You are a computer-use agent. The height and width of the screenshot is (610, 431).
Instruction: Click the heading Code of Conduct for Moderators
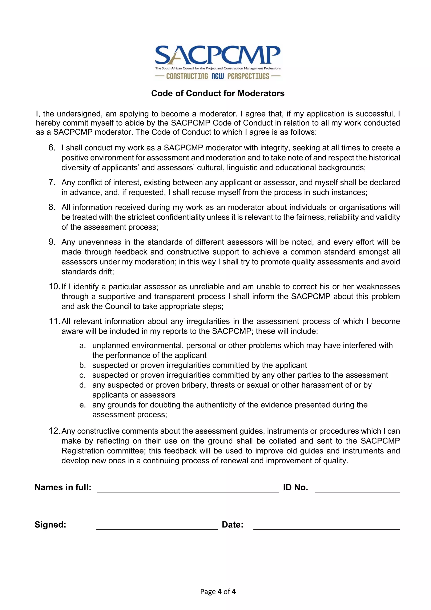218,93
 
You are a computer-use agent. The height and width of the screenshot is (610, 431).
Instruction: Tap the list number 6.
52,148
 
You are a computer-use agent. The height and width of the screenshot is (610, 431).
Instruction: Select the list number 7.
52,183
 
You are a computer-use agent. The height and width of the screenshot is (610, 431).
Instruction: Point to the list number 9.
52,242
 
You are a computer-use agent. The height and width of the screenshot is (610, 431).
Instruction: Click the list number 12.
55,431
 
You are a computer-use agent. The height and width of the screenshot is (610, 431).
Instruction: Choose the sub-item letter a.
82,346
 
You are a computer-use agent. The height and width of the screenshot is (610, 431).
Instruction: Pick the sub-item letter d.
82,385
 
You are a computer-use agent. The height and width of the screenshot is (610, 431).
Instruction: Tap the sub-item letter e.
82,405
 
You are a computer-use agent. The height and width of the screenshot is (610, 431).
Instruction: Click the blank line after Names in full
188,490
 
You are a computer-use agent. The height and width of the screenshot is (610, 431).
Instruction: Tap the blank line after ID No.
357,490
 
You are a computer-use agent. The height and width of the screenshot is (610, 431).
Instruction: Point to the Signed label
51,525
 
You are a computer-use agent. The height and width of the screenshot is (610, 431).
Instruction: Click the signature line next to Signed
157,528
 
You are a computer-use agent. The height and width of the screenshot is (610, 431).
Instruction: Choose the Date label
233,525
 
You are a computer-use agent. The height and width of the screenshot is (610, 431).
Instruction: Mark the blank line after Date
327,528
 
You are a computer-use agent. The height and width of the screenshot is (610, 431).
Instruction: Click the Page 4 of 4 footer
218,591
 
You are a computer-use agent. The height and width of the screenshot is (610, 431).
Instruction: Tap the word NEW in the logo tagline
218,76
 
